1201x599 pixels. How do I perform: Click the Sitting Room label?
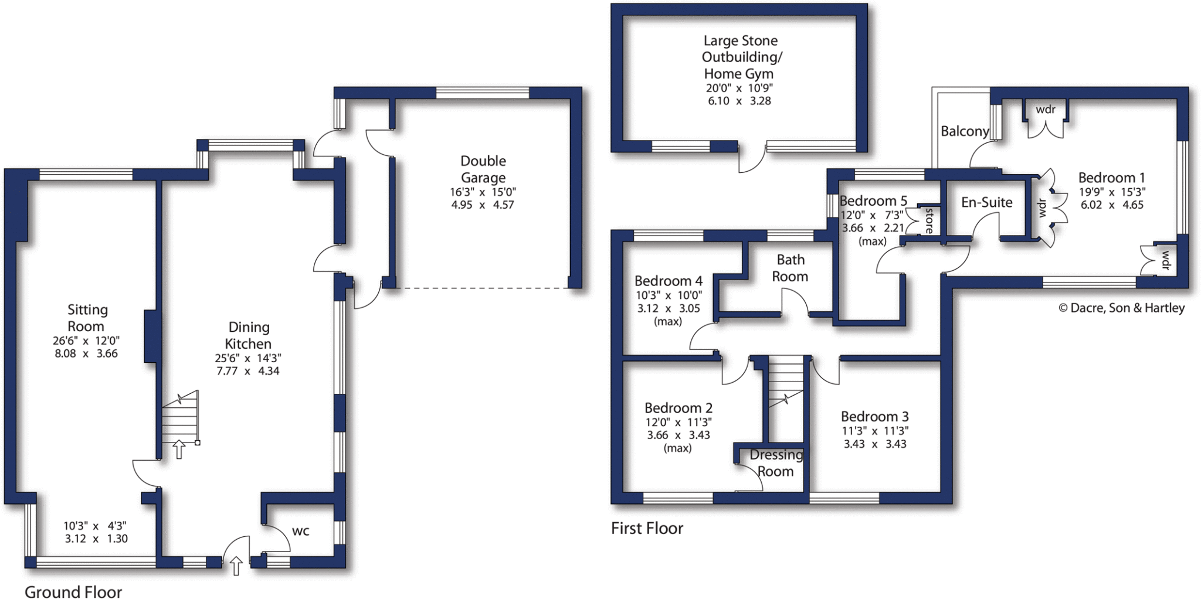click(x=87, y=318)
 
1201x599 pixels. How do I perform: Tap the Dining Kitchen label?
click(x=249, y=335)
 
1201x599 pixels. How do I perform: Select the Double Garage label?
click(x=483, y=169)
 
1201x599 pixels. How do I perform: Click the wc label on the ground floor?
click(x=300, y=531)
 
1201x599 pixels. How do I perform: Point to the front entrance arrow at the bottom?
click(x=236, y=566)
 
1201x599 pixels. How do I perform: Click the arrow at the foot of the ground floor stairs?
click(x=179, y=450)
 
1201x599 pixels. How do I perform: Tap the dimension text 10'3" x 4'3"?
click(x=95, y=526)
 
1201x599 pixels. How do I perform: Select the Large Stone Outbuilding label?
click(x=741, y=57)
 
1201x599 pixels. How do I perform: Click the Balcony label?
click(x=965, y=131)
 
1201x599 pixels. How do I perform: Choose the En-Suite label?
click(x=986, y=202)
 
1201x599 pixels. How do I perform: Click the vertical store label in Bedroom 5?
click(x=929, y=220)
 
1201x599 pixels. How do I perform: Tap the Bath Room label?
click(x=790, y=268)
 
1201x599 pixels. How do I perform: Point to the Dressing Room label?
click(x=776, y=462)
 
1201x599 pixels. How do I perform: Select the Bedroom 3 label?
click(x=874, y=416)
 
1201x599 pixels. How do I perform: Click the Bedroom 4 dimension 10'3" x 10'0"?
click(x=669, y=295)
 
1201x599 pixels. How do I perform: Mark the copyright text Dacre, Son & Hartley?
click(x=1121, y=308)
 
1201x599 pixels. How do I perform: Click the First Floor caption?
click(x=647, y=528)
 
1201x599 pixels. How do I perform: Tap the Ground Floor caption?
click(x=73, y=591)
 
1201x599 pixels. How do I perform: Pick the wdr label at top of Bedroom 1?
click(x=1045, y=110)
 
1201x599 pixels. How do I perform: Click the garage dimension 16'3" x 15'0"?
click(x=483, y=192)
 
